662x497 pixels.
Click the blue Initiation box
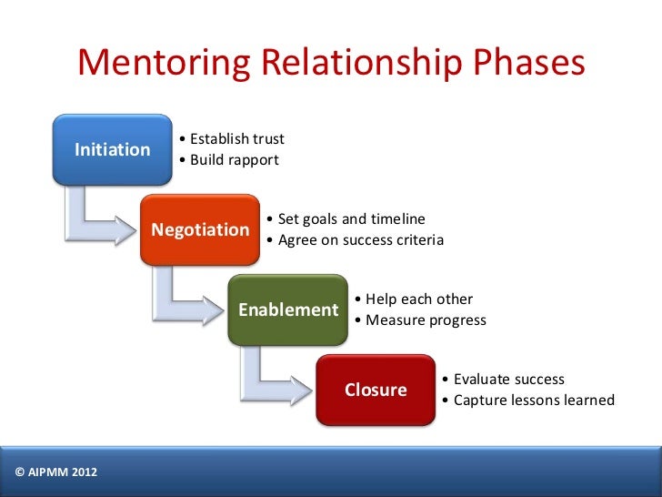[112, 149]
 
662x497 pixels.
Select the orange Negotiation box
[200, 229]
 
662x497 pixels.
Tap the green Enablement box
[287, 309]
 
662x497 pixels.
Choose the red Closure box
[376, 390]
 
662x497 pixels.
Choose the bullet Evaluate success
[506, 380]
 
